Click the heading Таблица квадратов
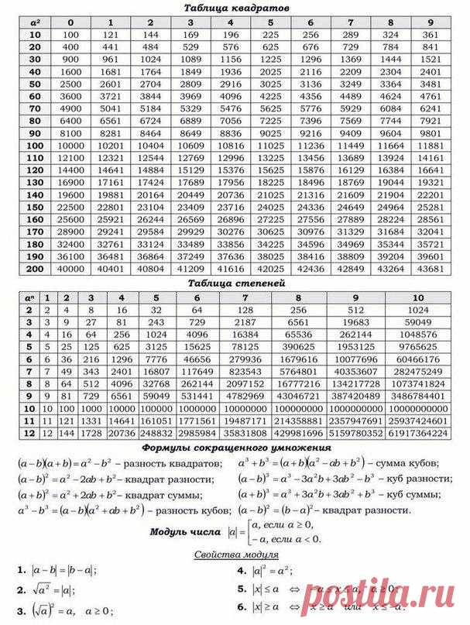236,8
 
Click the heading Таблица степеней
236,283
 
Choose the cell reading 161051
156,420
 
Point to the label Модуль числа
186,532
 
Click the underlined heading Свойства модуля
236,555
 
